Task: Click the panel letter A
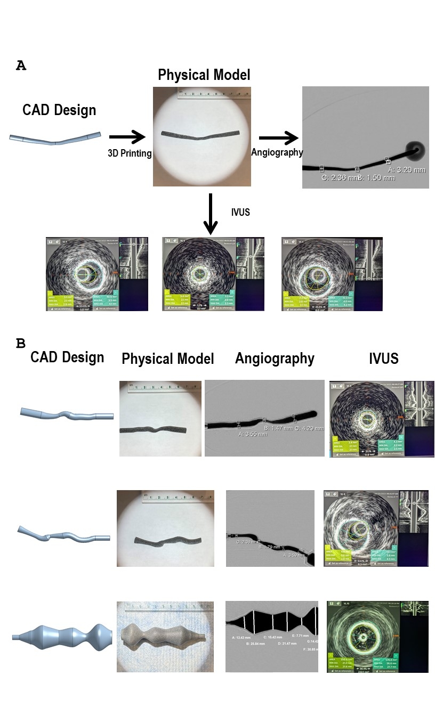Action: coord(21,66)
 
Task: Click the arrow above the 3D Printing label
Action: coord(127,137)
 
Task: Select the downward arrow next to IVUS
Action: coord(211,213)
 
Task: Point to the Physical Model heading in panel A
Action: coord(204,75)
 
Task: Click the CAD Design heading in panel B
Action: coord(67,357)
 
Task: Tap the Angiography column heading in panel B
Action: coord(275,359)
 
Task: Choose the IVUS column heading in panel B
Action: coord(383,359)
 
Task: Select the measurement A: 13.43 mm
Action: coord(245,637)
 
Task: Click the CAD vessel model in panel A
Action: coord(55,139)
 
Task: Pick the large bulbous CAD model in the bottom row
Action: coord(62,637)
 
